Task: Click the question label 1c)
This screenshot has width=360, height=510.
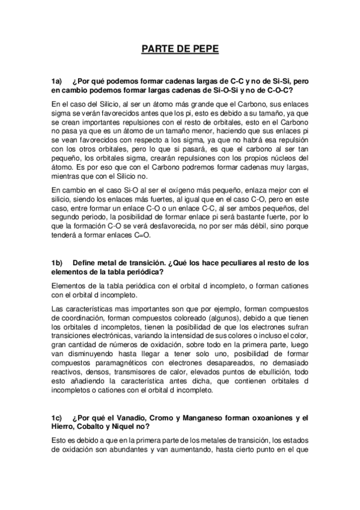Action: (x=58, y=418)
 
